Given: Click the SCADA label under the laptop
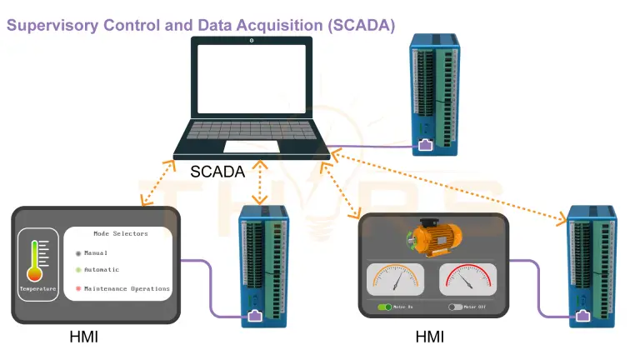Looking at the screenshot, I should tap(217, 172).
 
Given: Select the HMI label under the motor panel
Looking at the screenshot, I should tap(429, 337).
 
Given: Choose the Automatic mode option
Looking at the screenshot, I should tap(101, 270).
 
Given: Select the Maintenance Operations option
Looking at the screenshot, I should tap(126, 289).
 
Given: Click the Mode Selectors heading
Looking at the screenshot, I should tap(120, 234).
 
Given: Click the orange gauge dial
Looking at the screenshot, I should tap(395, 279).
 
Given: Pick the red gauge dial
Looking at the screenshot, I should tap(467, 279).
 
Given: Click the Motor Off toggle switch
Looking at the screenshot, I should tap(455, 307).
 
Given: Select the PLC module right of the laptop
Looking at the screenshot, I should tap(433, 94).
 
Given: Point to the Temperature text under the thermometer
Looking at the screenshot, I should tap(38, 289).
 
